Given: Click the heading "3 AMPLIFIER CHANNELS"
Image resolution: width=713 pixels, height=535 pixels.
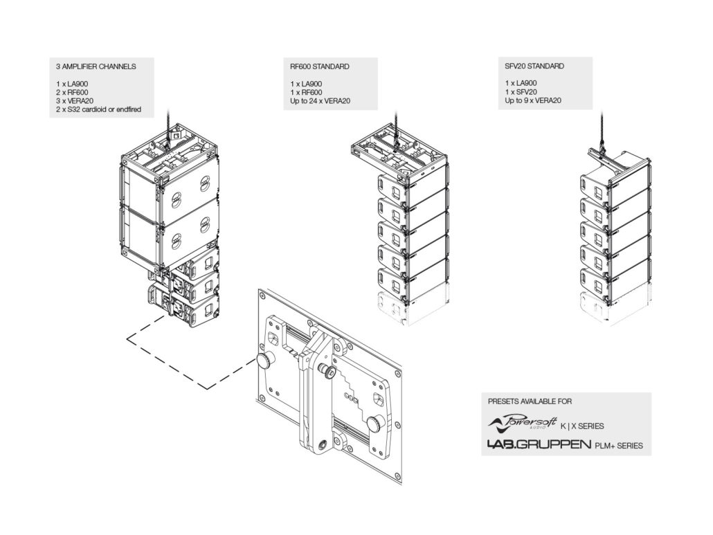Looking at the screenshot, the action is coord(96,66).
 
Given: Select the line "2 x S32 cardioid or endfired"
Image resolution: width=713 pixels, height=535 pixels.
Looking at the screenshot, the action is coord(99,109).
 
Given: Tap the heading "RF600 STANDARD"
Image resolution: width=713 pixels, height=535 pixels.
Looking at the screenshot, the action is coord(320,66).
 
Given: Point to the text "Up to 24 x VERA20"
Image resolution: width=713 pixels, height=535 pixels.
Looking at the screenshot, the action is coord(320,101).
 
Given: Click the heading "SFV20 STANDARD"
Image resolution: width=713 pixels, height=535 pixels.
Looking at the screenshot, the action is coord(534,66).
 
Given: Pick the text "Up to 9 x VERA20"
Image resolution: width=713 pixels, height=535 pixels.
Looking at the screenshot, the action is coord(533,100).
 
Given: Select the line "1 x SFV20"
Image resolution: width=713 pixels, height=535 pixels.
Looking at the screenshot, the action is coord(521,92).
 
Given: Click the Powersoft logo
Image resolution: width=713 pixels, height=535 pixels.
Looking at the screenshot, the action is coord(523,423).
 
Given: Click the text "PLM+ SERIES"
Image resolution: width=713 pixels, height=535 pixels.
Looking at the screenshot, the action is coord(619,446).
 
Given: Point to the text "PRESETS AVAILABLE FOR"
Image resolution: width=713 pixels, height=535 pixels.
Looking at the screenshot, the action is coord(530,401).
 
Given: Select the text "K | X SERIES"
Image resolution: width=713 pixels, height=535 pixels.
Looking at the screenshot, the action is coord(582,426).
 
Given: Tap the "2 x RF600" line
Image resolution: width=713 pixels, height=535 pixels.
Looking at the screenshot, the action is coord(72,92).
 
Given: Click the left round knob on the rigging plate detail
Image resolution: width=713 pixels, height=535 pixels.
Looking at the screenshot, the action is coord(263,361).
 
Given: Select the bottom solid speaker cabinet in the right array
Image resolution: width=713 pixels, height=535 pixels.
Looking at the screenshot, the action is coord(615,282).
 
